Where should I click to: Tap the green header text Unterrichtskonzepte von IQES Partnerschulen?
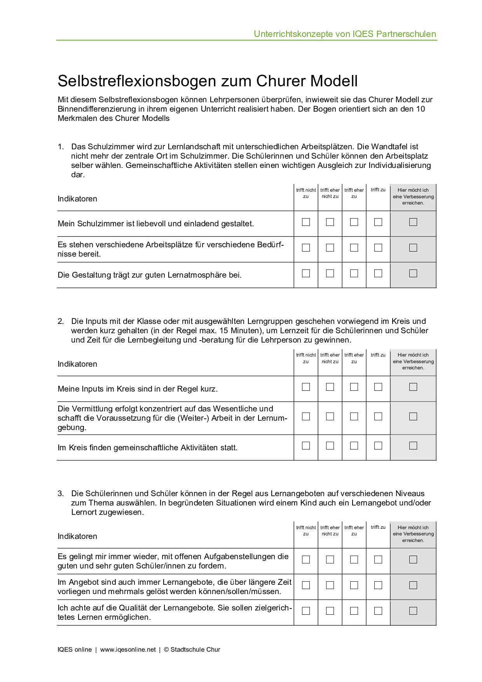click(x=345, y=34)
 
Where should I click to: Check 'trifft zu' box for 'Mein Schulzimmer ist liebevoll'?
click(x=378, y=222)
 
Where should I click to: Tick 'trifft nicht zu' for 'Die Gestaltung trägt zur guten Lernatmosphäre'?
click(x=306, y=273)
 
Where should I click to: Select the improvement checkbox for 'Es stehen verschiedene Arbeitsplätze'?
click(x=413, y=248)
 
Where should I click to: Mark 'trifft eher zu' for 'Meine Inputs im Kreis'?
click(x=354, y=387)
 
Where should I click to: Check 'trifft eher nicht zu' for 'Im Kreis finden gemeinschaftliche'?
click(x=330, y=446)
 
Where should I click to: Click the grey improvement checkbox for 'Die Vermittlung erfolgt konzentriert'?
click(x=413, y=416)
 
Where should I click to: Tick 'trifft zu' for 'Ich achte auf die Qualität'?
click(x=378, y=611)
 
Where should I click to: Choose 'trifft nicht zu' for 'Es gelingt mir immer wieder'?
click(x=306, y=560)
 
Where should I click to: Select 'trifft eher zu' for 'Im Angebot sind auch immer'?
click(x=354, y=585)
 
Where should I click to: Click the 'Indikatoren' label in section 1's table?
click(x=77, y=199)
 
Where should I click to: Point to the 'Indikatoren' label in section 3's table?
click(x=77, y=536)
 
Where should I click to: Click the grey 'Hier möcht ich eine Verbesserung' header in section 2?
click(x=413, y=361)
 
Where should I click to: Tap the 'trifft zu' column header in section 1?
click(x=378, y=190)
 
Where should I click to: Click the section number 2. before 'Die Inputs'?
click(x=61, y=321)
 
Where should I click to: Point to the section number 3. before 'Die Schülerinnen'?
click(x=61, y=493)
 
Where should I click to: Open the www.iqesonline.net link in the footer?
click(x=128, y=649)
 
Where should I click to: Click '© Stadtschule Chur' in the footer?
click(x=192, y=649)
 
